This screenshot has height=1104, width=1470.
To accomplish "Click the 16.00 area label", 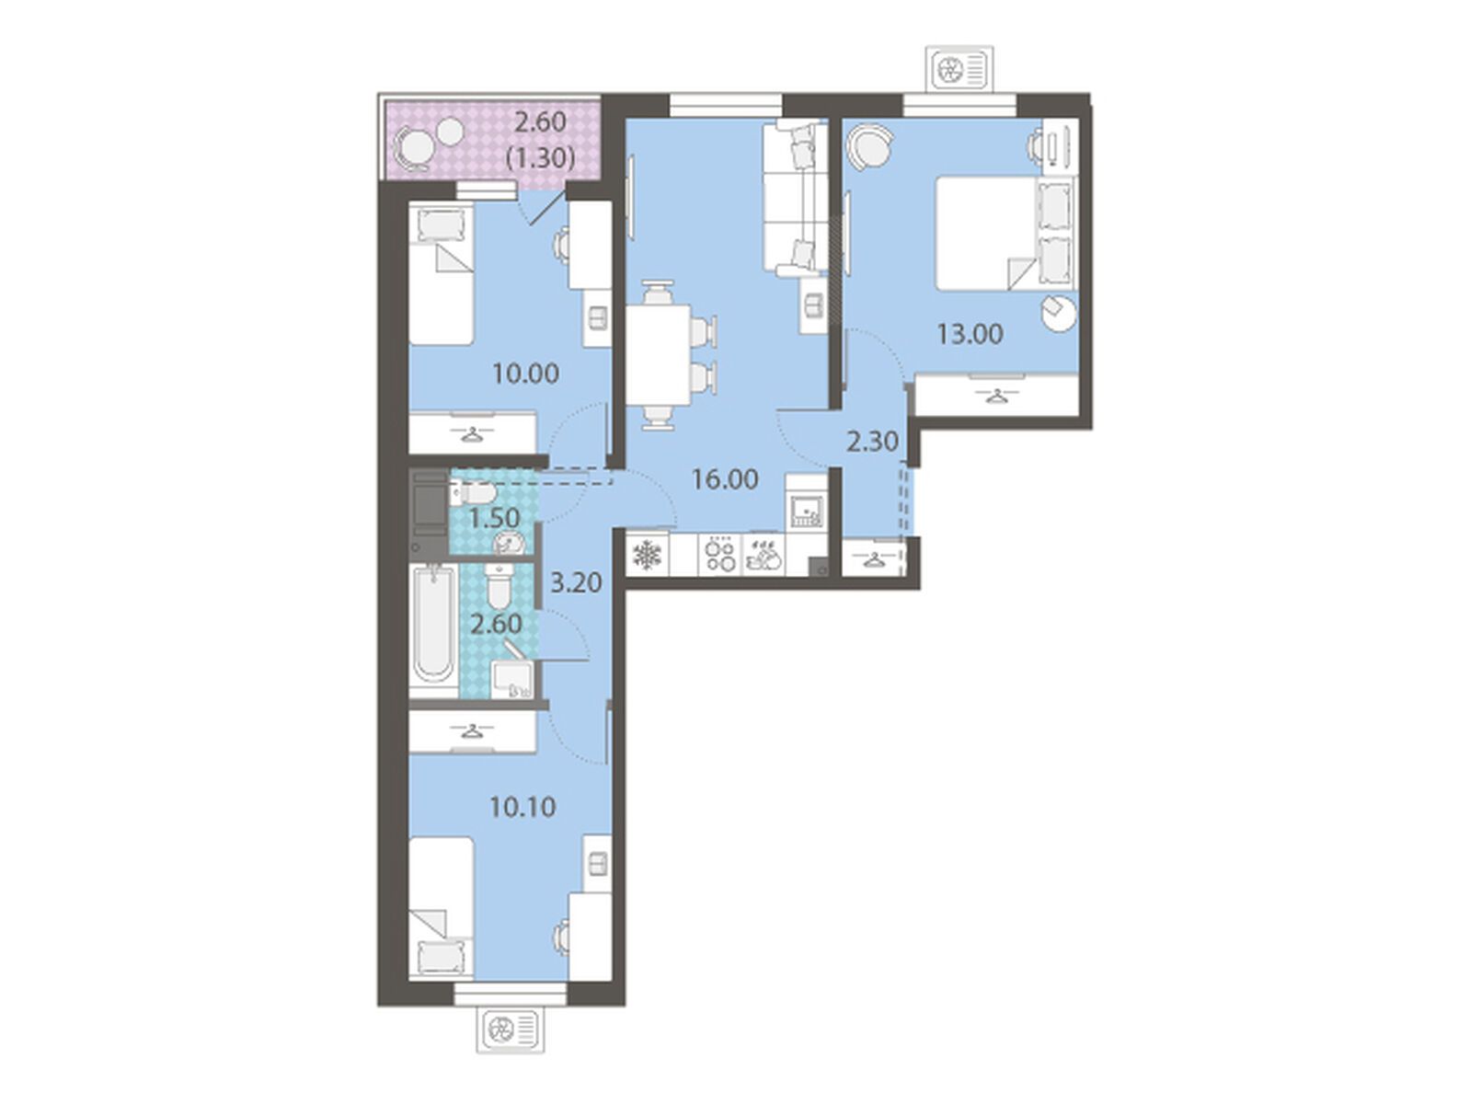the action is coord(725,479).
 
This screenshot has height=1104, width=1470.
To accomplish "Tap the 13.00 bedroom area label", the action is coord(970,333).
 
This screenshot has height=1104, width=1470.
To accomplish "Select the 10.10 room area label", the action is coord(523,808).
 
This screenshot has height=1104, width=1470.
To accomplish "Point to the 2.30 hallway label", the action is coord(871,442).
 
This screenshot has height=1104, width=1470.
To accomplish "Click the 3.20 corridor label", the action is coord(576,582).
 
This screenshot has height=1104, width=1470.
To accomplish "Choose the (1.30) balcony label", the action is coord(541,158).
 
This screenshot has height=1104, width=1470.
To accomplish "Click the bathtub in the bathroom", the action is coord(433,631).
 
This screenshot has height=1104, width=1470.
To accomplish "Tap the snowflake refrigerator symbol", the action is coord(647,555).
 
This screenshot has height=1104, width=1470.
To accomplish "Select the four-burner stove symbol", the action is coord(720,555).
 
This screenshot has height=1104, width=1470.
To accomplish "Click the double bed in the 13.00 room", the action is coord(1005,233).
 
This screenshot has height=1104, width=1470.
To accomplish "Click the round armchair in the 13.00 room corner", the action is coord(869,146).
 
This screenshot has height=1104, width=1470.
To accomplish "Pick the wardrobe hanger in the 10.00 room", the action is coord(473,434).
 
